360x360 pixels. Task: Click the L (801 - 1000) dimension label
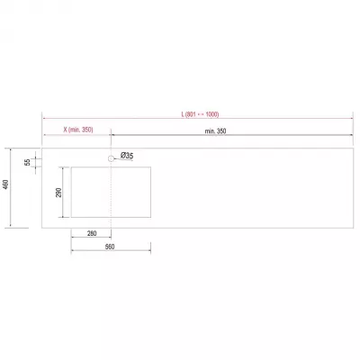point(200,114)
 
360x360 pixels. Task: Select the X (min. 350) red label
point(78,130)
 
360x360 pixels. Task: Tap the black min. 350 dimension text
point(215,131)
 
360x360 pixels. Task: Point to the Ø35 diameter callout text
point(127,156)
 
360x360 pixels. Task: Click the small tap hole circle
point(111,158)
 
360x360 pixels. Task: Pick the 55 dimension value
point(28,162)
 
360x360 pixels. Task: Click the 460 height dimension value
point(6,184)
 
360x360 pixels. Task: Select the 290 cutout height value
point(58,193)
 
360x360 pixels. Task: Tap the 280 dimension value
point(92,233)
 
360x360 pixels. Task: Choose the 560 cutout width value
point(110,247)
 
